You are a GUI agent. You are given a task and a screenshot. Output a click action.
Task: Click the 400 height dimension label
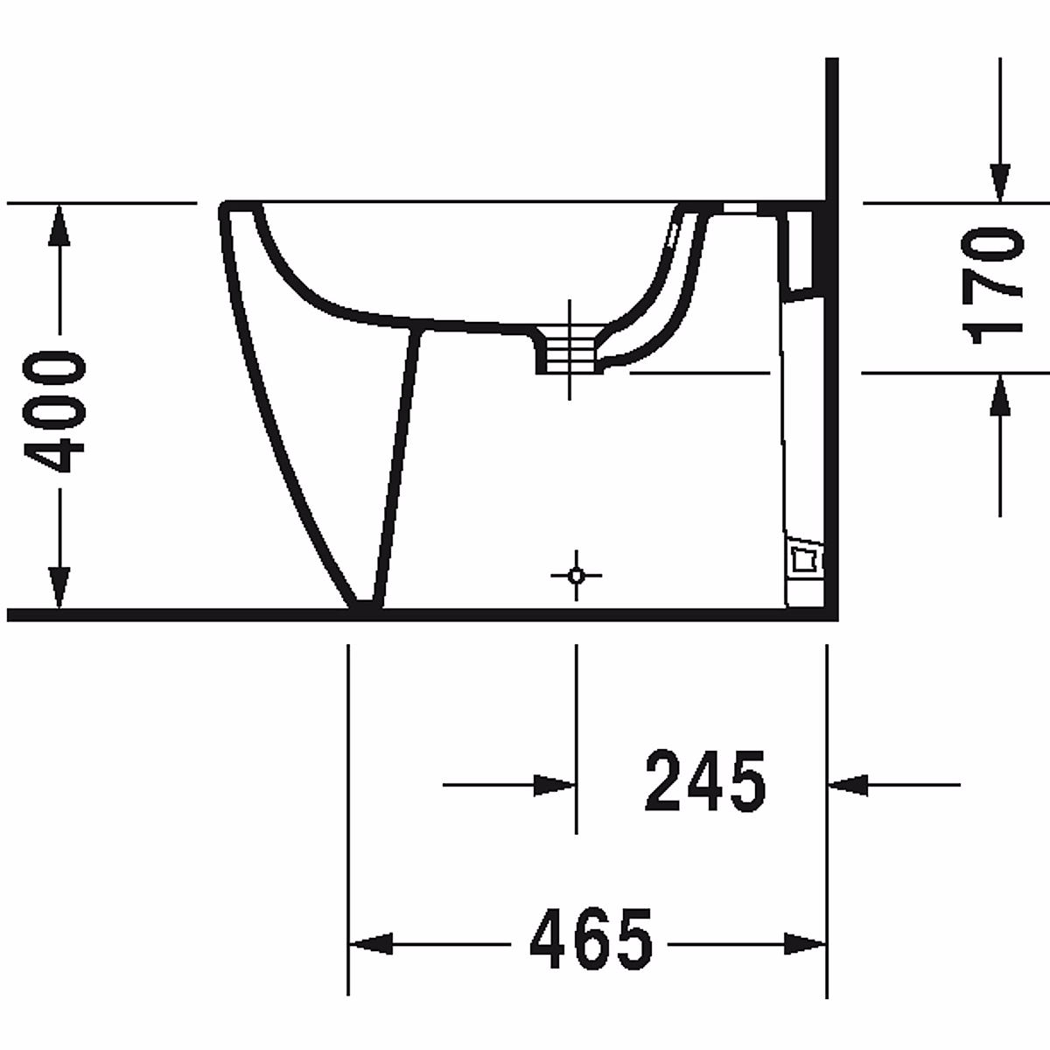tap(54, 411)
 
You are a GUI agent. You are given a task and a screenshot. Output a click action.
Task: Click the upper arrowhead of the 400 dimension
tap(59, 225)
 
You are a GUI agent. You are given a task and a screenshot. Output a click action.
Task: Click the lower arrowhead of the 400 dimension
tap(59, 587)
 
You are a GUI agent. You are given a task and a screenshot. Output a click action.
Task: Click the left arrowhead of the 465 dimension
tap(370, 944)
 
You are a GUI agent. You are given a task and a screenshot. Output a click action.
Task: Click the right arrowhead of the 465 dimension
tap(805, 944)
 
